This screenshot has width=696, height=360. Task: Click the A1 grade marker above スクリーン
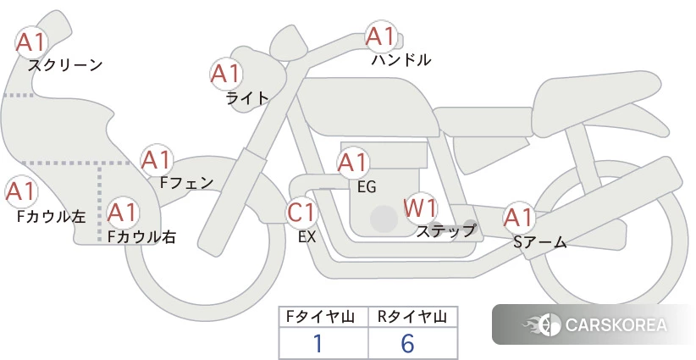(31, 42)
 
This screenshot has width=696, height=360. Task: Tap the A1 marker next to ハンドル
(381, 36)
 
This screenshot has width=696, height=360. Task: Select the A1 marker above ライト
(226, 74)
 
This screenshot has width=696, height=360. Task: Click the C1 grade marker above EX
(302, 212)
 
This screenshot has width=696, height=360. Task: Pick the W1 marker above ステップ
(420, 208)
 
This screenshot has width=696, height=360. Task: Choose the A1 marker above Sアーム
(519, 218)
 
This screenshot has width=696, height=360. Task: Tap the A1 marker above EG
(353, 163)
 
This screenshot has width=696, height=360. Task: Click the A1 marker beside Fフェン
(157, 160)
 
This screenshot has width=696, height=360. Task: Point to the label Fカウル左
(51, 216)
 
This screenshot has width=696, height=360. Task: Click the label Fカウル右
(141, 236)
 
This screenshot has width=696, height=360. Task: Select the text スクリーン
(65, 65)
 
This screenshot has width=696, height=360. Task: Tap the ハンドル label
(401, 59)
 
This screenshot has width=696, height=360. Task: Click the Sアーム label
(539, 242)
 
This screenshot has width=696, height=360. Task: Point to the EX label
(307, 237)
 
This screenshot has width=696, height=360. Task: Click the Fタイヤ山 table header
(320, 317)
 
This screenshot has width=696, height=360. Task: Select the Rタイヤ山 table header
(412, 317)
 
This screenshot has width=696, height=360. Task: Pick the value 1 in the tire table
(318, 343)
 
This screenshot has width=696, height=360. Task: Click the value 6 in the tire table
(407, 343)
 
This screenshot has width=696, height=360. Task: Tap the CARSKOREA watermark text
(616, 324)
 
